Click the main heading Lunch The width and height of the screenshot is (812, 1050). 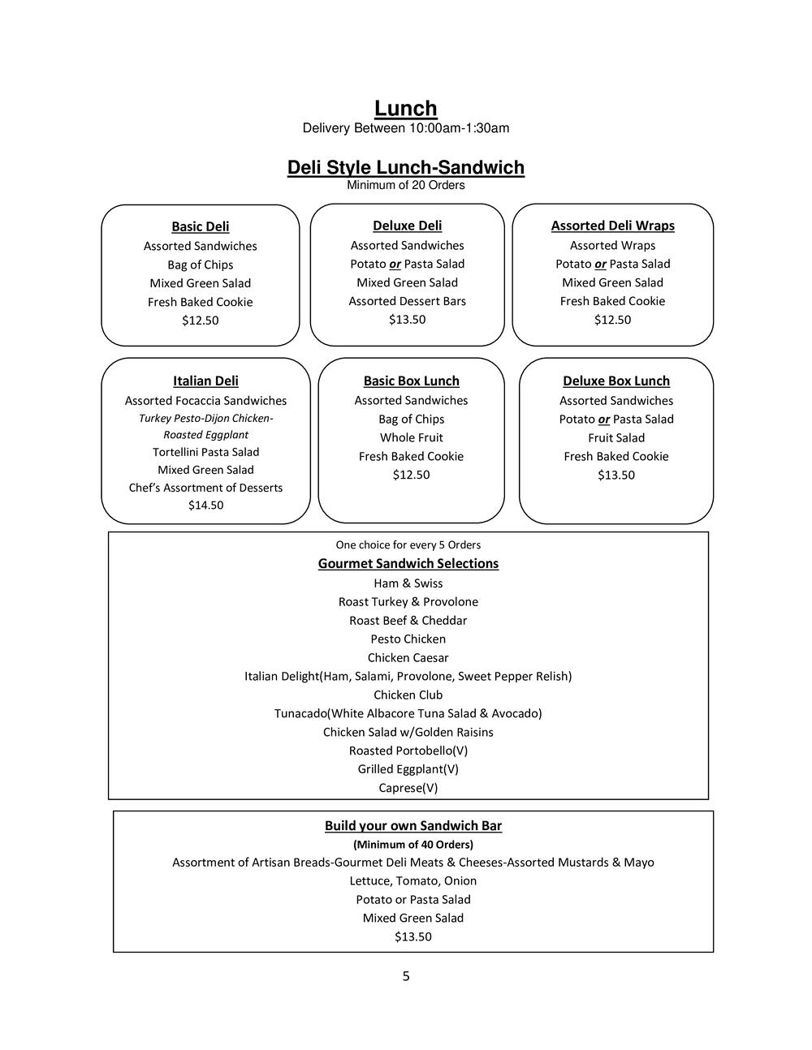405,109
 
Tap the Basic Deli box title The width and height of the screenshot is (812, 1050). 200,226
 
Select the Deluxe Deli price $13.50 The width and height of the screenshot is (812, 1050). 407,320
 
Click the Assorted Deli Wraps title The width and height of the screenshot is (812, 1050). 612,226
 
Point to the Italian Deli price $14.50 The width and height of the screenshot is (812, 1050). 205,506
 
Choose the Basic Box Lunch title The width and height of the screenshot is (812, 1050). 411,381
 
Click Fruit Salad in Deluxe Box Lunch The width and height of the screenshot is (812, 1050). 616,438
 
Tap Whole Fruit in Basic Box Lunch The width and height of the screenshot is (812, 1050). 411,438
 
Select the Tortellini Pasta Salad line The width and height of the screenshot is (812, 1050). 205,452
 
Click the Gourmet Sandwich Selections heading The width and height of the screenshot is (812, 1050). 408,564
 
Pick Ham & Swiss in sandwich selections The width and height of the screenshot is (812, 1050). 408,583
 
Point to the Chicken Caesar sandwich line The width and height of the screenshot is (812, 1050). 408,658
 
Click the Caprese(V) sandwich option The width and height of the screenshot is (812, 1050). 408,788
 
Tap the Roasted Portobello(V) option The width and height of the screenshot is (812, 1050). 408,751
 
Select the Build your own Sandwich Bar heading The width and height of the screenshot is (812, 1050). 412,826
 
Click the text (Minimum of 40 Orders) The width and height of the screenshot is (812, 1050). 412,845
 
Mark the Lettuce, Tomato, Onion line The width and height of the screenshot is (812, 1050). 412,881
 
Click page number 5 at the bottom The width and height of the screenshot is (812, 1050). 406,976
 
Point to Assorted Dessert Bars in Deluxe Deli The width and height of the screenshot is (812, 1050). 407,301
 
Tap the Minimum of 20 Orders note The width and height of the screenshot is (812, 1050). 405,185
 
